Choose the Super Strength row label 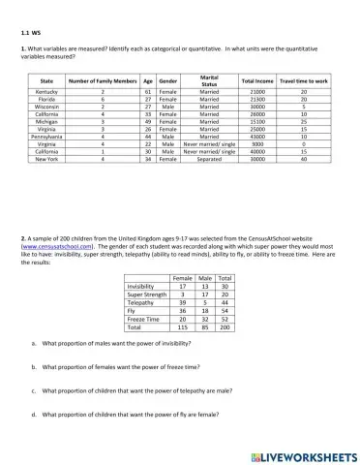[x=147, y=294]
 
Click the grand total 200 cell [x=225, y=326]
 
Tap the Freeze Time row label [x=147, y=319]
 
